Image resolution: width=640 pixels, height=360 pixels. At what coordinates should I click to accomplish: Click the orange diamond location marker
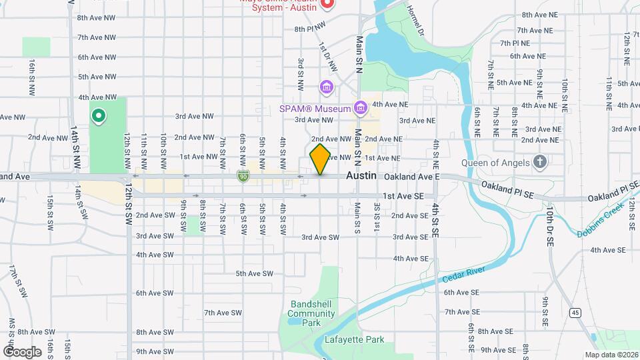click(320, 159)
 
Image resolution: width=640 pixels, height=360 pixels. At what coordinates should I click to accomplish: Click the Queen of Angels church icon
click(541, 162)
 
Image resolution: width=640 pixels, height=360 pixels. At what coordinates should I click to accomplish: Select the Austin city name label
click(361, 175)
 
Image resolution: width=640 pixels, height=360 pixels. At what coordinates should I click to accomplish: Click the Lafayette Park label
click(354, 339)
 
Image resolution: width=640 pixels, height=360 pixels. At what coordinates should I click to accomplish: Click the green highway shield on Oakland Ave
click(243, 176)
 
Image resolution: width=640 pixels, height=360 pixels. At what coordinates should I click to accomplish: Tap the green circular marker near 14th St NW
click(99, 117)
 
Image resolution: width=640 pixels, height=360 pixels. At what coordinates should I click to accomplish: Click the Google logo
click(21, 351)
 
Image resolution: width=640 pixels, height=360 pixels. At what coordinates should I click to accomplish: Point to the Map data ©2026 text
click(611, 355)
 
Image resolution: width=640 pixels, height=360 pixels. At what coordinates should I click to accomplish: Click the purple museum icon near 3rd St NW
click(326, 87)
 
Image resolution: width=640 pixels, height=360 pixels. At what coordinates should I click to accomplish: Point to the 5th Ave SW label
click(255, 273)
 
